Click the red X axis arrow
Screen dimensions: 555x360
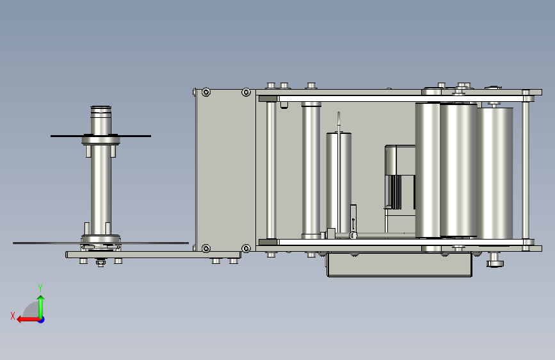coord(28,320)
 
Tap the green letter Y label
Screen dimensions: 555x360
coord(40,288)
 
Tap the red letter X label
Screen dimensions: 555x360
coord(13,316)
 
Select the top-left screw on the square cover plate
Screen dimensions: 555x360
coord(206,92)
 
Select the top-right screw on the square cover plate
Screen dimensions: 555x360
coord(246,92)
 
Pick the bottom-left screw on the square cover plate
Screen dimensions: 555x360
coord(206,248)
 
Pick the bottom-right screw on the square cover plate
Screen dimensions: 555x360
coord(246,248)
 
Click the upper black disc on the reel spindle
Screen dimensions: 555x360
coord(101,136)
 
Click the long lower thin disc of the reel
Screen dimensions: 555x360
coord(101,243)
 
